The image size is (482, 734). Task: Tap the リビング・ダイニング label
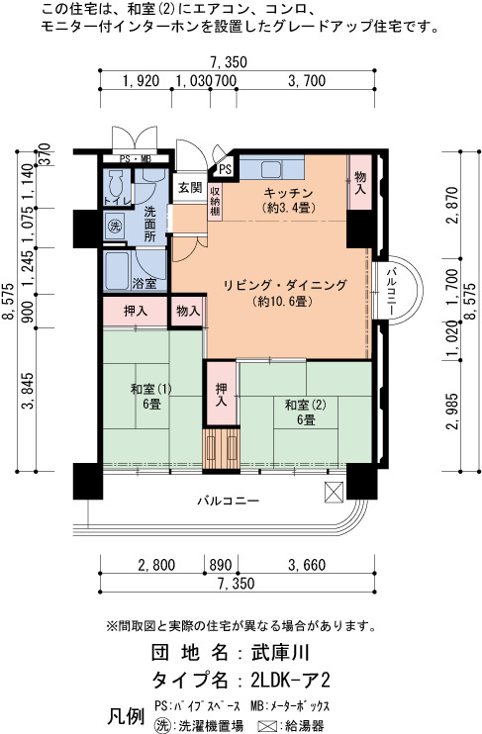click(x=285, y=285)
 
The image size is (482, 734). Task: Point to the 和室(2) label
click(x=306, y=405)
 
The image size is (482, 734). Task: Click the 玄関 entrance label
click(x=190, y=188)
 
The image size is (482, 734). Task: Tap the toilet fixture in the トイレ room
click(x=115, y=184)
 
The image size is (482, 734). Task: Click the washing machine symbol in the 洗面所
click(x=115, y=227)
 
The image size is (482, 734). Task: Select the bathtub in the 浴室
click(x=117, y=271)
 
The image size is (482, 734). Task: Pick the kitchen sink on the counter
click(x=271, y=169)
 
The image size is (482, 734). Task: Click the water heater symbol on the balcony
click(x=334, y=493)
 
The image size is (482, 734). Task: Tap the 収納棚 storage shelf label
click(x=215, y=201)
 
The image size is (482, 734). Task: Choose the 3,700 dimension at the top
click(x=307, y=81)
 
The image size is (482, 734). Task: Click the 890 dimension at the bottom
click(x=220, y=565)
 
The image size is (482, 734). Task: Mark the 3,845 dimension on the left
click(x=27, y=392)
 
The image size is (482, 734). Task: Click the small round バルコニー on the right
click(x=398, y=290)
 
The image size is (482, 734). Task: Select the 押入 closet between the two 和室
click(x=221, y=394)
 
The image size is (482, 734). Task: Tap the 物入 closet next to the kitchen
click(x=360, y=182)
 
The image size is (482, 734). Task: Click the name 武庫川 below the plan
click(x=280, y=652)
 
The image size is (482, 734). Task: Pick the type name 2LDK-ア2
click(x=290, y=680)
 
